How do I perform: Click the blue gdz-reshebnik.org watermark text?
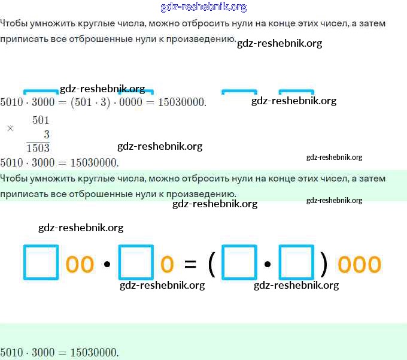click(x=203, y=7)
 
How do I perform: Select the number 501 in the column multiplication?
click(x=41, y=120)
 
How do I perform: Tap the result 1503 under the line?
click(x=38, y=148)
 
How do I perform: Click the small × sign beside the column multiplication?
click(x=10, y=128)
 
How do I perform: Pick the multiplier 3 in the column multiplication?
click(x=47, y=134)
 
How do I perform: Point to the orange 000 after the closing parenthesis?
click(x=359, y=264)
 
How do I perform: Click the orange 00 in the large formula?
click(x=80, y=264)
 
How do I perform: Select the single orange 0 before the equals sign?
click(x=167, y=264)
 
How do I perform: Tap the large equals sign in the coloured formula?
click(x=190, y=264)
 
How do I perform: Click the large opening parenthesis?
click(x=211, y=264)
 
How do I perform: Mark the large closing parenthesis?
click(x=324, y=264)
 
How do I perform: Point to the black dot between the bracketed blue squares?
click(x=268, y=264)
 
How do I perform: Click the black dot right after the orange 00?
click(x=107, y=264)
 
